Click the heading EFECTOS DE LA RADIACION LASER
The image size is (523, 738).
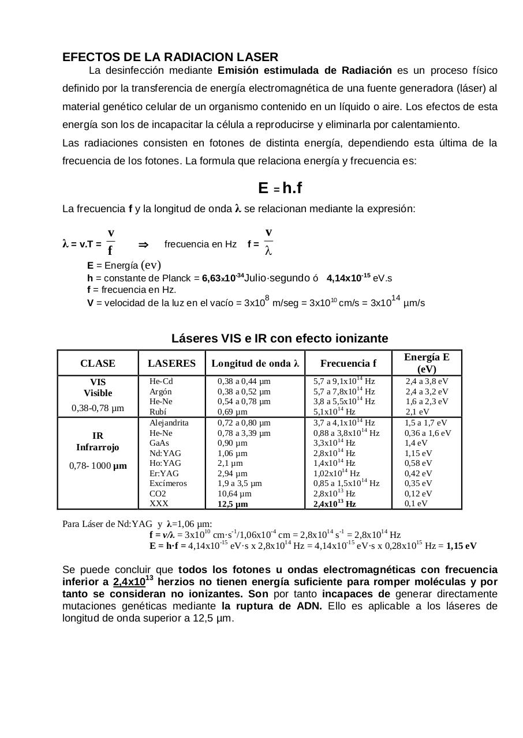[x=170, y=57]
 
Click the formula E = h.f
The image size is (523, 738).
[x=280, y=188]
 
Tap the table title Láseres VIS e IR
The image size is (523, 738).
[x=279, y=338]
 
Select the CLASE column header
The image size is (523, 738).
[x=98, y=363]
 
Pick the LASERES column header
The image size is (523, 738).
[x=172, y=363]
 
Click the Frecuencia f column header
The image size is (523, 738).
[x=348, y=363]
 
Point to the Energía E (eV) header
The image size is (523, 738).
[x=427, y=363]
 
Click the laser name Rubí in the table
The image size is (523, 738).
[x=158, y=412]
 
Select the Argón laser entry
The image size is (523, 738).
[x=160, y=391]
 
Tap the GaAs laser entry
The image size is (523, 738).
[x=160, y=443]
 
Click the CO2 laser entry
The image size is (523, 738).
[x=158, y=494]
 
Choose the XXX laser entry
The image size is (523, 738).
[x=159, y=503]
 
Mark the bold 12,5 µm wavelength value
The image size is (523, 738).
[x=233, y=504]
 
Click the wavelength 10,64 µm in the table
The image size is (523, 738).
[x=234, y=494]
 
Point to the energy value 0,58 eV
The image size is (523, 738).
[x=419, y=463]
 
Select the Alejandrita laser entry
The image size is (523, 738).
[x=169, y=423]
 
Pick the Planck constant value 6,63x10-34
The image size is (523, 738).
[x=222, y=278]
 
